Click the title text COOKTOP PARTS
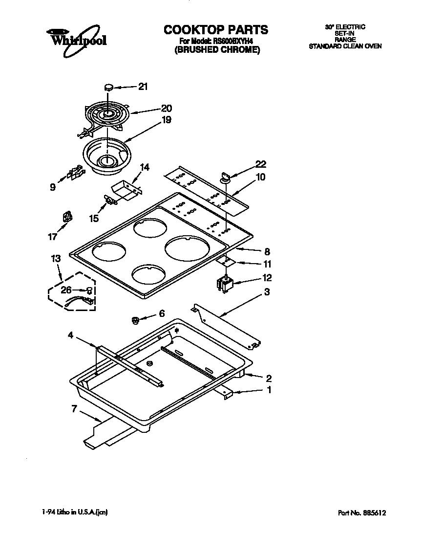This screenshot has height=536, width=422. pyautogui.click(x=215, y=30)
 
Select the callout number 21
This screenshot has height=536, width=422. pyautogui.click(x=142, y=87)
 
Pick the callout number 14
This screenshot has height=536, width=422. pyautogui.click(x=145, y=167)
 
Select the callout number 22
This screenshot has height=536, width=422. pyautogui.click(x=261, y=164)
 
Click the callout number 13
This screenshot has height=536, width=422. pyautogui.click(x=56, y=258)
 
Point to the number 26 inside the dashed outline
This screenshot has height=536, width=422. pyautogui.click(x=66, y=290)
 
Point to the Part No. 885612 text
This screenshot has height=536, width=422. pyautogui.click(x=362, y=513)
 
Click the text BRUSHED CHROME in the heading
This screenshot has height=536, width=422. pyautogui.click(x=215, y=49)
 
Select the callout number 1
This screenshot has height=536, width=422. pyautogui.click(x=268, y=390)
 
